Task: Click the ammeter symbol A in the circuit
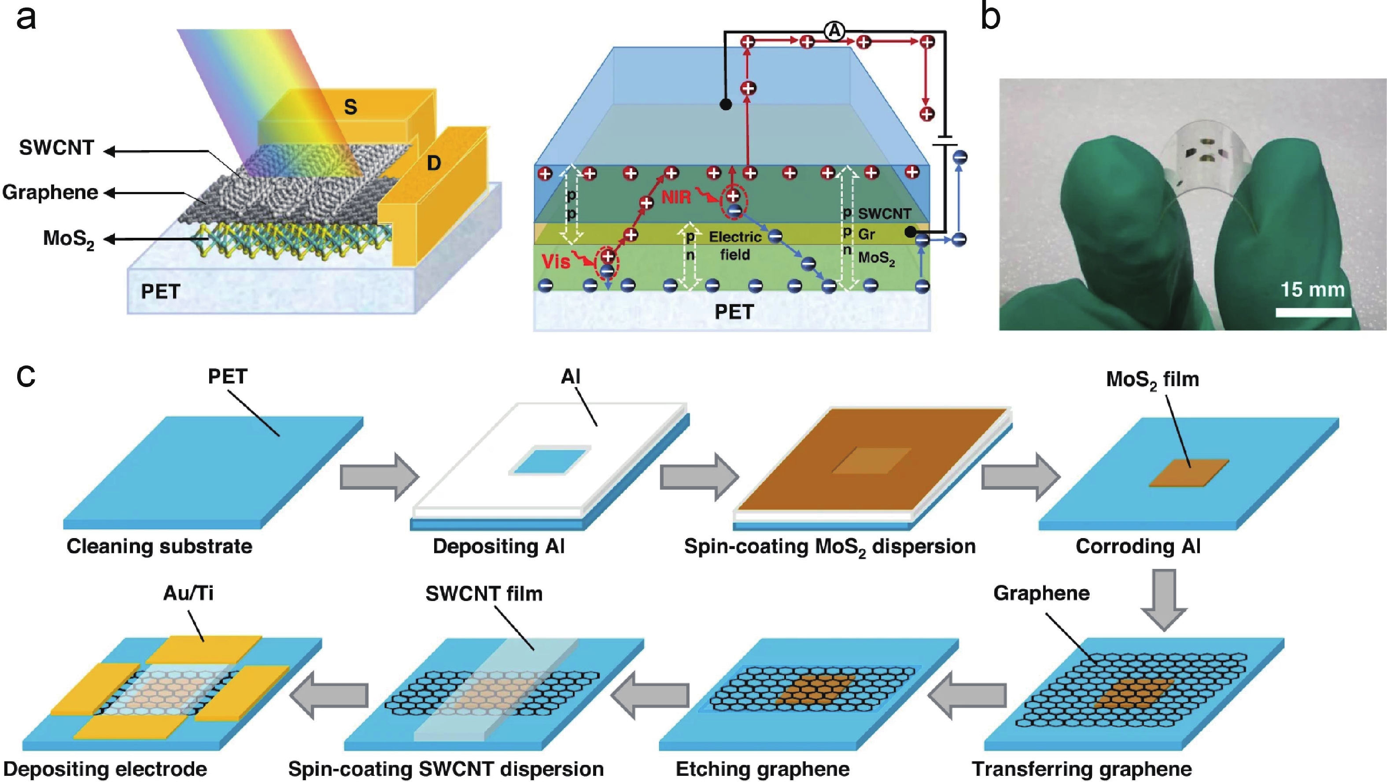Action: tap(834, 31)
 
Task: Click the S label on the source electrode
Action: tap(350, 107)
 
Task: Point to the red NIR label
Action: tap(676, 197)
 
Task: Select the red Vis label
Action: tap(556, 262)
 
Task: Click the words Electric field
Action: tap(735, 246)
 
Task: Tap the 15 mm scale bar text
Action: tap(1312, 290)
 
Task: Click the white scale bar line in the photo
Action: tap(1313, 312)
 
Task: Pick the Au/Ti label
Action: tap(188, 593)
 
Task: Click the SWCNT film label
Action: tap(483, 594)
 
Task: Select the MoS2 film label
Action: tap(1152, 380)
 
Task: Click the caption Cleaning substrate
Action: tap(159, 546)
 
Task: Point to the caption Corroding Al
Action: tap(1138, 546)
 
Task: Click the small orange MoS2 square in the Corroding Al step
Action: tap(1189, 473)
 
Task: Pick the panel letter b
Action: tap(990, 17)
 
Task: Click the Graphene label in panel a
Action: tap(50, 192)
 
